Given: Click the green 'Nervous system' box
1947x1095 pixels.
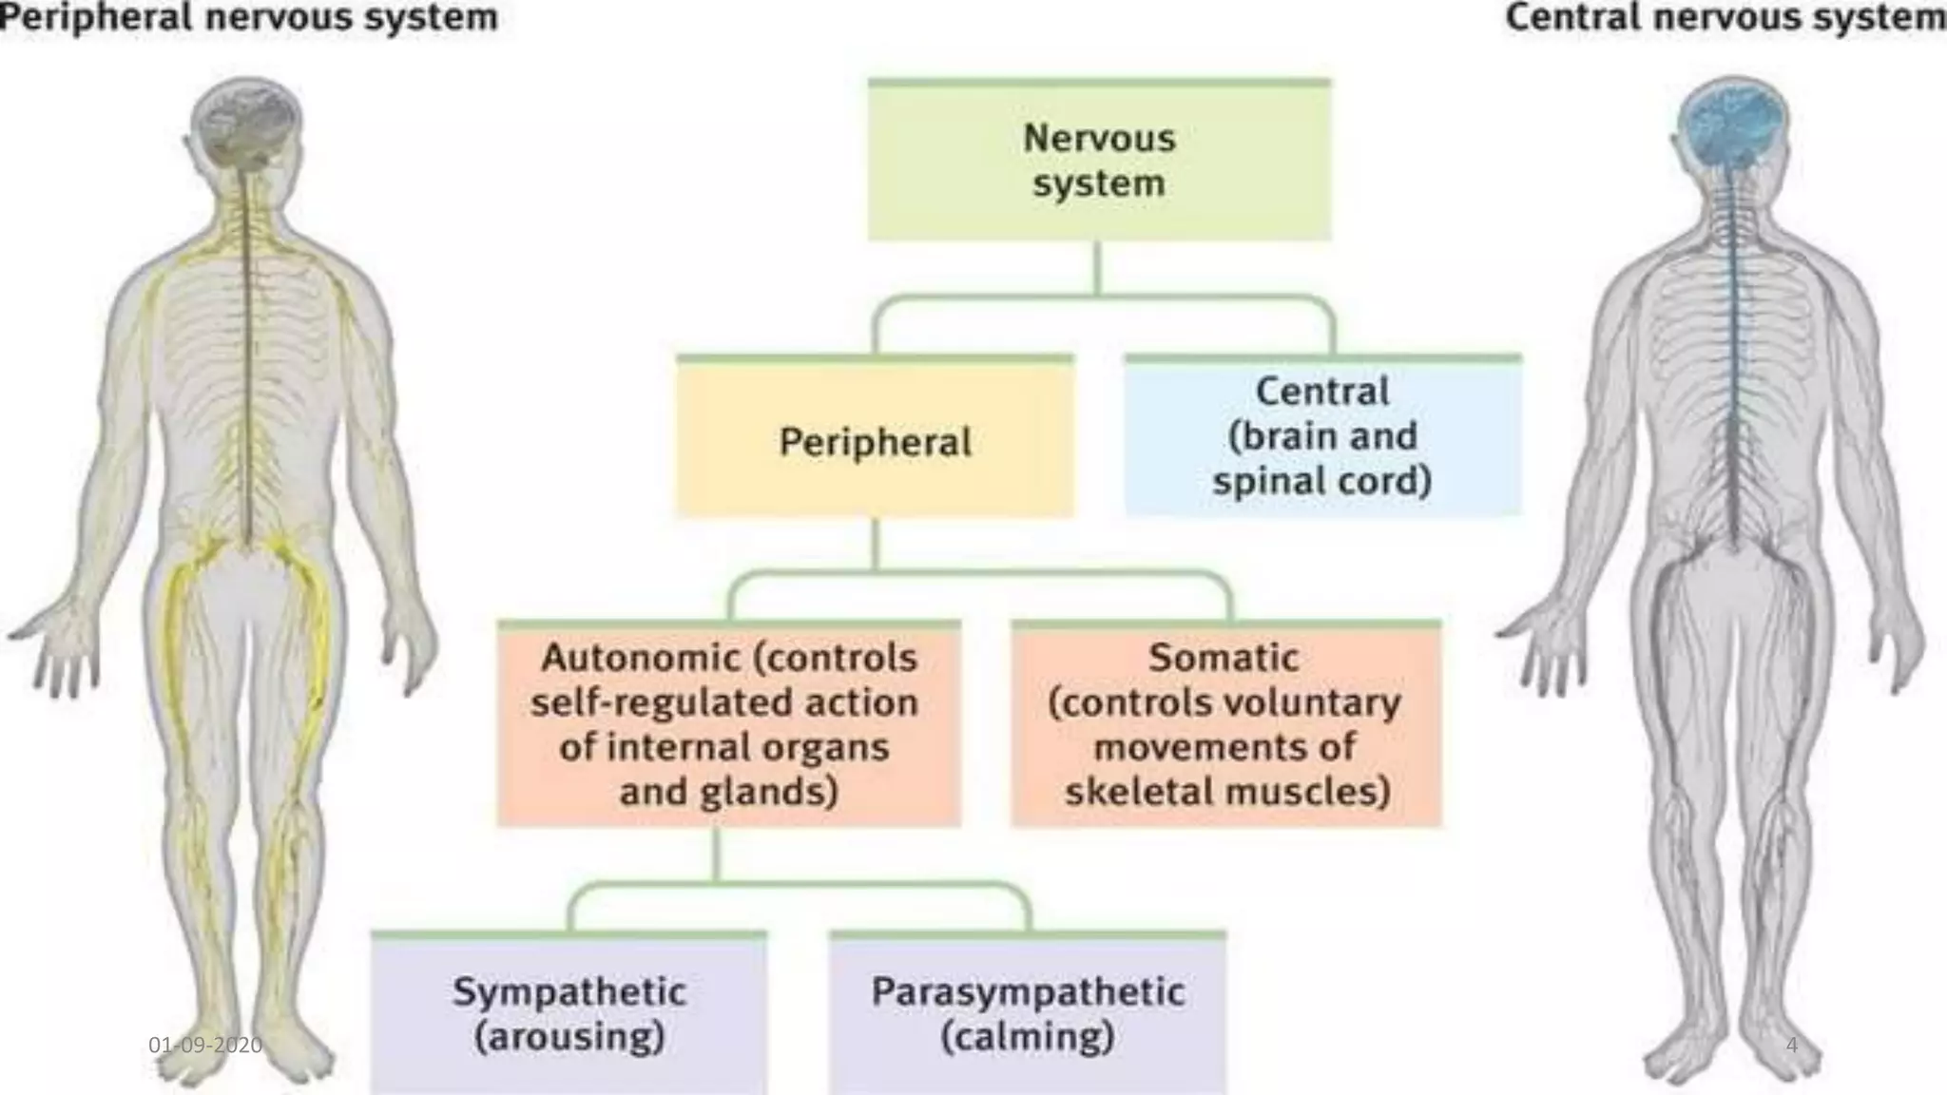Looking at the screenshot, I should (1099, 160).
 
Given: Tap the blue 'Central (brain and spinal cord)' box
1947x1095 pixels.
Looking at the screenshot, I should (1321, 436).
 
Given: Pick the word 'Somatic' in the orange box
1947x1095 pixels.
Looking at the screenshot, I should (1224, 658).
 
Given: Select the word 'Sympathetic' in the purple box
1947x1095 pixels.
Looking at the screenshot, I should (569, 991).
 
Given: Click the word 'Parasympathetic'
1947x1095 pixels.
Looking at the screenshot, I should (1028, 991).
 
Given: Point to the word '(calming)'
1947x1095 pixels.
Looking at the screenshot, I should (1028, 1036).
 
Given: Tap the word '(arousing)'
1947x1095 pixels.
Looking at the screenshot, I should (569, 1036).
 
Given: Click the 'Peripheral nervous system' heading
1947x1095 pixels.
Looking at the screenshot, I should (249, 17).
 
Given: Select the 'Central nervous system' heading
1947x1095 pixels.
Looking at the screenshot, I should (1725, 17).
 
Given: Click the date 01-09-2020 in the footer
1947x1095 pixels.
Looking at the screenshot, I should (205, 1045).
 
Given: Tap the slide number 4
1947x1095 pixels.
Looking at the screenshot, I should (1792, 1045).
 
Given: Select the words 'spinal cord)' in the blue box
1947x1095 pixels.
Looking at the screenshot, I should (1321, 481).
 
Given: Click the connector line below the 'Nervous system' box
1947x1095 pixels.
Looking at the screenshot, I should (1098, 269).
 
